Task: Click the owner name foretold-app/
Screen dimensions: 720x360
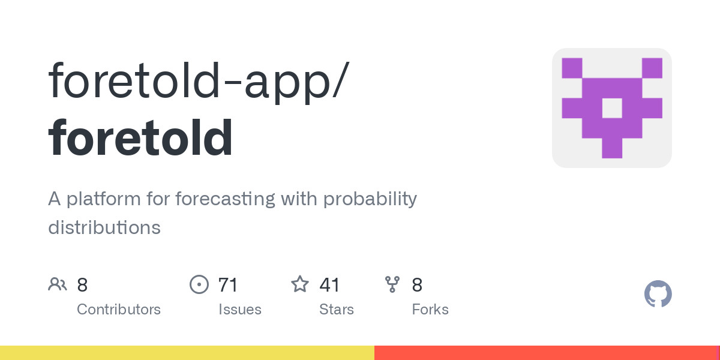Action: [199, 82]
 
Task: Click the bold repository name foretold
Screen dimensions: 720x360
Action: [140, 137]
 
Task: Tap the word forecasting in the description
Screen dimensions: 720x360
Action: [225, 199]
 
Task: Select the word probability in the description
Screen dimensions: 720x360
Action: [370, 200]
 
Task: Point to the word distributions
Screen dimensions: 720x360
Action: [104, 227]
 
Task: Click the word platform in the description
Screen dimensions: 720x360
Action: [103, 199]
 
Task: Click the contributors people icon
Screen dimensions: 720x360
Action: [58, 284]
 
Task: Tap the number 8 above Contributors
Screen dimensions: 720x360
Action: [82, 285]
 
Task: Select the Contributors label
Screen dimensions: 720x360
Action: [119, 310]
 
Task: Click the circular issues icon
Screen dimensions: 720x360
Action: [199, 284]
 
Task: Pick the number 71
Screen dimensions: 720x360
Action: [227, 285]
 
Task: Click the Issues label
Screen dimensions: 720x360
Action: [240, 310]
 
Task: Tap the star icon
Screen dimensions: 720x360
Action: [300, 284]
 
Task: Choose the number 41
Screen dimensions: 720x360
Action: [329, 285]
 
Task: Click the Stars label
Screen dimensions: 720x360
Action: [337, 310]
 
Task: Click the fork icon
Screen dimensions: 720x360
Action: [392, 284]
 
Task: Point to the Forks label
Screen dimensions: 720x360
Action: [430, 310]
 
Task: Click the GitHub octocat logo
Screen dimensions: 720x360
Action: [658, 294]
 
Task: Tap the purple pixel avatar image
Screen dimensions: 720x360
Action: [611, 108]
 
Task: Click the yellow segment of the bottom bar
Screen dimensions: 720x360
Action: [187, 353]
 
